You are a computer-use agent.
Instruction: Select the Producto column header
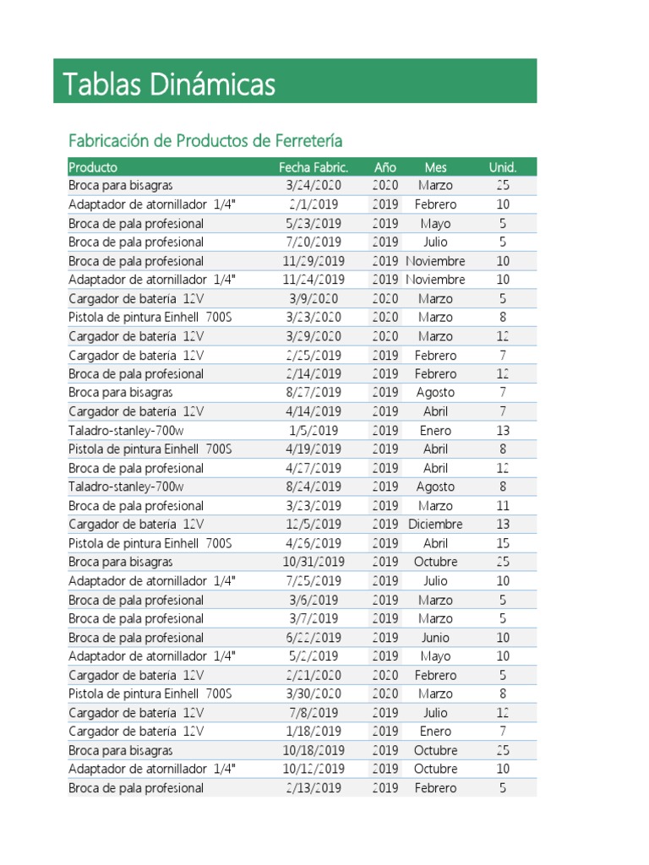click(93, 167)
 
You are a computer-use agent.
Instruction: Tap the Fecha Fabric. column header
click(314, 167)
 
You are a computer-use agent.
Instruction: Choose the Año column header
click(384, 167)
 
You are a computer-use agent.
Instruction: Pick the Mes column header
click(435, 167)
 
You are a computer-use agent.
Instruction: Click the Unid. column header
click(502, 167)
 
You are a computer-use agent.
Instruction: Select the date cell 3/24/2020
click(314, 185)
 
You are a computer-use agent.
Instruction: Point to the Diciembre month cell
click(435, 525)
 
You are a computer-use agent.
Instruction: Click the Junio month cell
click(435, 638)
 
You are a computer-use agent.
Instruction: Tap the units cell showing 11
click(503, 506)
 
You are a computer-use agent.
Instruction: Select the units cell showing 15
click(503, 543)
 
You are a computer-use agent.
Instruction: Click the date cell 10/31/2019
click(314, 562)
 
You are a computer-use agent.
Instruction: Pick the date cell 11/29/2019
click(314, 261)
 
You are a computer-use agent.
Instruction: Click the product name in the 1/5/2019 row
click(126, 430)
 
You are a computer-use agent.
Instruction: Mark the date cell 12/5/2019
click(314, 525)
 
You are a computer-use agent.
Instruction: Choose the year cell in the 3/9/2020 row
click(384, 298)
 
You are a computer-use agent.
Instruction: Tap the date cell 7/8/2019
click(314, 713)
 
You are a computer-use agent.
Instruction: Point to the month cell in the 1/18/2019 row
click(435, 732)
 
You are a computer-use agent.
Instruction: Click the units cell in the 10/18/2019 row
click(503, 750)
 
